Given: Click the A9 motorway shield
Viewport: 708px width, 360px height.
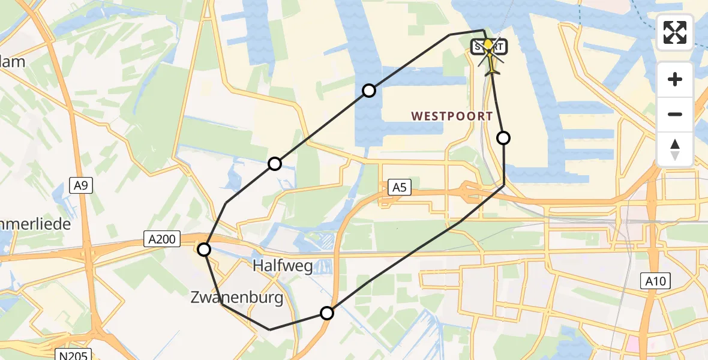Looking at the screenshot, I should click(81, 186).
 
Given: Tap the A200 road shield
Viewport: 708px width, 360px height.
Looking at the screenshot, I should click(163, 240).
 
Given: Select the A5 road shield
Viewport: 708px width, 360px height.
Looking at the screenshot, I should click(399, 188).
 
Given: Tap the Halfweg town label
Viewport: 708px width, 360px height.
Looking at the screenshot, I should click(283, 266).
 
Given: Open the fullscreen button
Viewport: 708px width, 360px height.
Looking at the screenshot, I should click(675, 32).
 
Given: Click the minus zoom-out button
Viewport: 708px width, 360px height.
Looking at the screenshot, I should click(675, 114).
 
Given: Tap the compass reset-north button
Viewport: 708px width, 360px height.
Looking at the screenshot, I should click(675, 149).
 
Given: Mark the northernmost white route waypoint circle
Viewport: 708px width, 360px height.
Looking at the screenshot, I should click(369, 91).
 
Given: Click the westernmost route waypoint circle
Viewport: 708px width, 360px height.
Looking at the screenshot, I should click(205, 250).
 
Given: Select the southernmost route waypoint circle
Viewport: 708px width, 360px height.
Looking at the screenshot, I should click(327, 313).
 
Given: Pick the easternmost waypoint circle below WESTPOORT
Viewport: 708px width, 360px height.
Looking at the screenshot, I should click(503, 138).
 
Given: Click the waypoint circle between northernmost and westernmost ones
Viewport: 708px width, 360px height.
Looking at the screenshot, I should click(275, 163).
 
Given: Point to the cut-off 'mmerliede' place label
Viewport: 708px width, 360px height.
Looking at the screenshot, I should click(35, 224).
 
